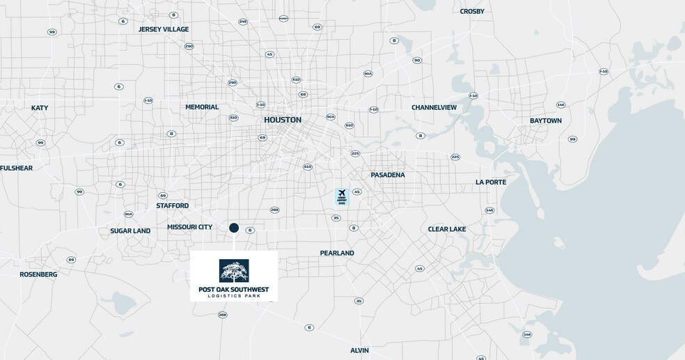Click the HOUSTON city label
[x=283, y=120]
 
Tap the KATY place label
[x=40, y=108]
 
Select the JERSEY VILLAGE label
[x=164, y=29]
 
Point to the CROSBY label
[x=472, y=11]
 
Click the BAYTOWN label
[x=545, y=120]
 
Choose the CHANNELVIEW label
[x=434, y=107]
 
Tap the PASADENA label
[x=388, y=175]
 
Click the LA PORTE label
[x=491, y=182]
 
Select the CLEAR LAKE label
[x=447, y=229]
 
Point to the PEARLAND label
[x=337, y=253]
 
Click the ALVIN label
[x=360, y=350]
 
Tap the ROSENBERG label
[x=38, y=274]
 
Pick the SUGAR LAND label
[x=130, y=230]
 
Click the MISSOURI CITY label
[x=189, y=227]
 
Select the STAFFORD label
[x=172, y=205]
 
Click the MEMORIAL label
[x=202, y=107]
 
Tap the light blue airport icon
[x=341, y=196]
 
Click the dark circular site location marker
[x=234, y=228]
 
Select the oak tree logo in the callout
[x=234, y=270]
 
